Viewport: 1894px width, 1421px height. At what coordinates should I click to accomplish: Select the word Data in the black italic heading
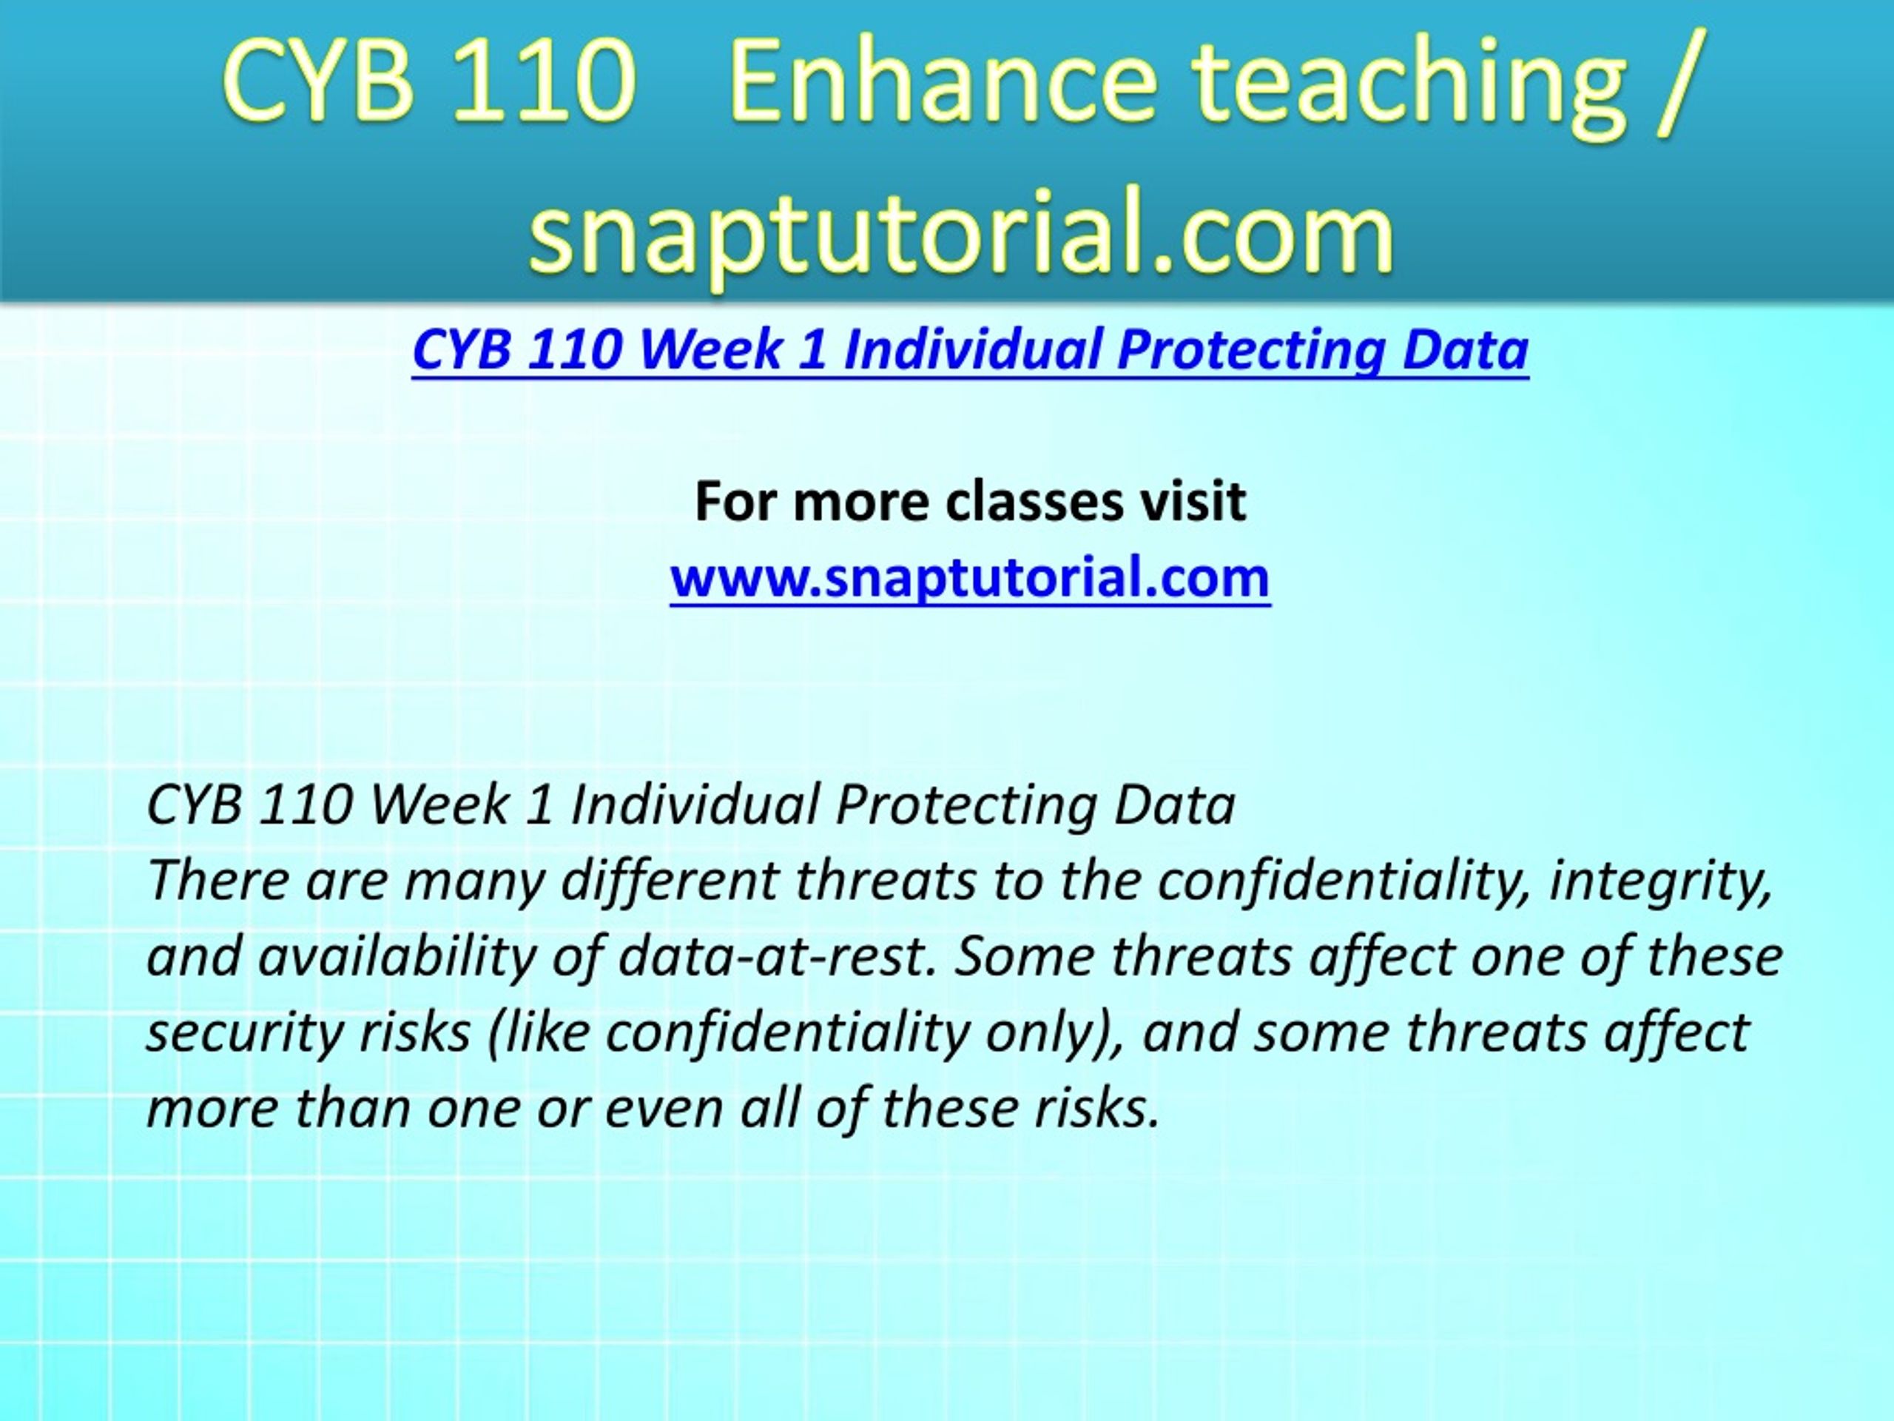click(x=1175, y=805)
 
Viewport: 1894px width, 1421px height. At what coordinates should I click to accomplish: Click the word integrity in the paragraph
click(x=1659, y=881)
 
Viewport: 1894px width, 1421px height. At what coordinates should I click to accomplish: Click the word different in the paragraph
click(x=669, y=881)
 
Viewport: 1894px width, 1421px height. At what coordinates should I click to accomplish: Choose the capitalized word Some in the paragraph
click(x=1025, y=957)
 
